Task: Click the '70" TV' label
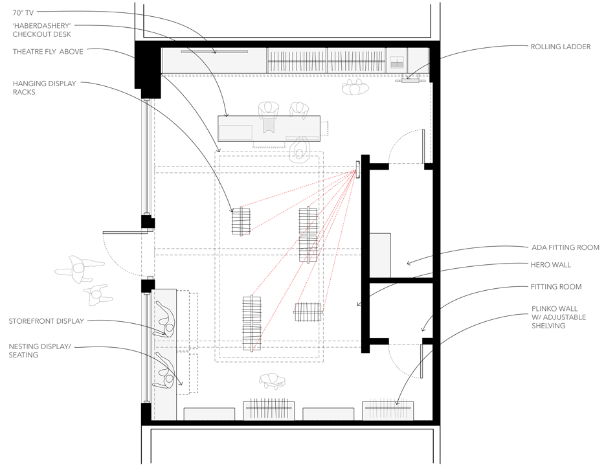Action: pos(23,13)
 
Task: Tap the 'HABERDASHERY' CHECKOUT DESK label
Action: pos(41,30)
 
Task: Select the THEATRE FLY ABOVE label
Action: pos(48,51)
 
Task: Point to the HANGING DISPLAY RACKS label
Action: pos(45,87)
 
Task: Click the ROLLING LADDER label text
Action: pos(561,47)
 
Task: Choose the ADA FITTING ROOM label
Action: pos(565,247)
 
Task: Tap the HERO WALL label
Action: pos(551,265)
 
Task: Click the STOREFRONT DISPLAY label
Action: pos(47,321)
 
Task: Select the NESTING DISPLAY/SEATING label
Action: pos(39,350)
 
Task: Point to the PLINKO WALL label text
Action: pos(559,317)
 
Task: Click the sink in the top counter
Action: pos(396,62)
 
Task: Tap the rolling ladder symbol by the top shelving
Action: pos(410,79)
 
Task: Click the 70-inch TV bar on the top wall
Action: pos(214,51)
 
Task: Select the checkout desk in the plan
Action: pos(269,128)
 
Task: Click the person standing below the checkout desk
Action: pos(300,150)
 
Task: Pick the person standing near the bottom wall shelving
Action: pos(273,381)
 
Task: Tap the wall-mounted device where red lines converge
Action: pos(358,169)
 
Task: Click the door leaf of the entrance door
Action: pos(126,232)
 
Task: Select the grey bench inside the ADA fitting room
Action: pos(380,255)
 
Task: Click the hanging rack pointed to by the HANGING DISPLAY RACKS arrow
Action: pos(241,221)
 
